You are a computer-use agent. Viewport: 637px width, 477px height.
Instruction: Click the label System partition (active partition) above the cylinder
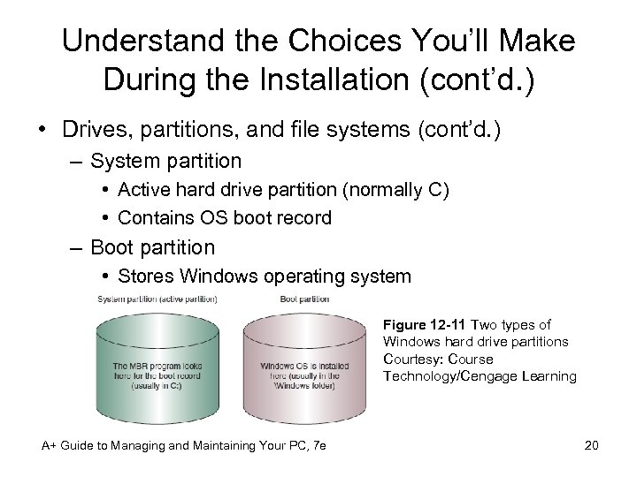157,299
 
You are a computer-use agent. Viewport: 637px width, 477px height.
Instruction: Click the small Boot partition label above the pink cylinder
304,299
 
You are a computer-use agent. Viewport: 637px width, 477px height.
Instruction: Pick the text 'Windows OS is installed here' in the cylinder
304,371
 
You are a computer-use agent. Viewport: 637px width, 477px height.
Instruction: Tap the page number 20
591,445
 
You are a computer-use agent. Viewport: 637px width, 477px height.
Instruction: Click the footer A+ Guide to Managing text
184,445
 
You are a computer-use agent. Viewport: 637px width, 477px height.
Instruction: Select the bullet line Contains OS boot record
224,217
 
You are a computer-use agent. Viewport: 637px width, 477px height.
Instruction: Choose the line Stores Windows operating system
264,276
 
